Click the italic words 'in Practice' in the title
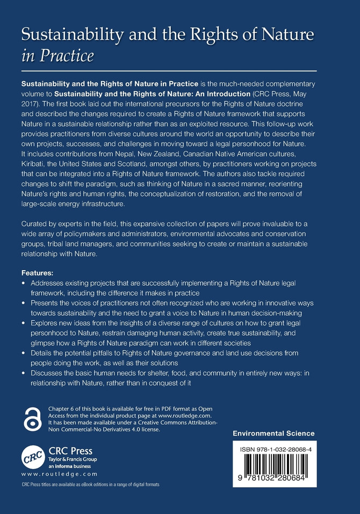point(57,56)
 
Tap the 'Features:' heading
point(41,272)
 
